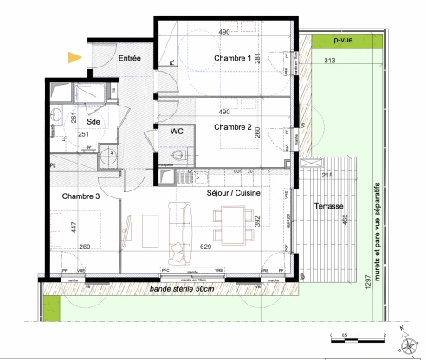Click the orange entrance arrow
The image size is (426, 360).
76,58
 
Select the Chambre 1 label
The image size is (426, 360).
233,59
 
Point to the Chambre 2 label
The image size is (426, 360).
232,127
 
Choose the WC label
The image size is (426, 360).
176,132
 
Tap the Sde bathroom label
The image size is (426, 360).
94,123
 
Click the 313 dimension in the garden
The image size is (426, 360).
329,61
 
